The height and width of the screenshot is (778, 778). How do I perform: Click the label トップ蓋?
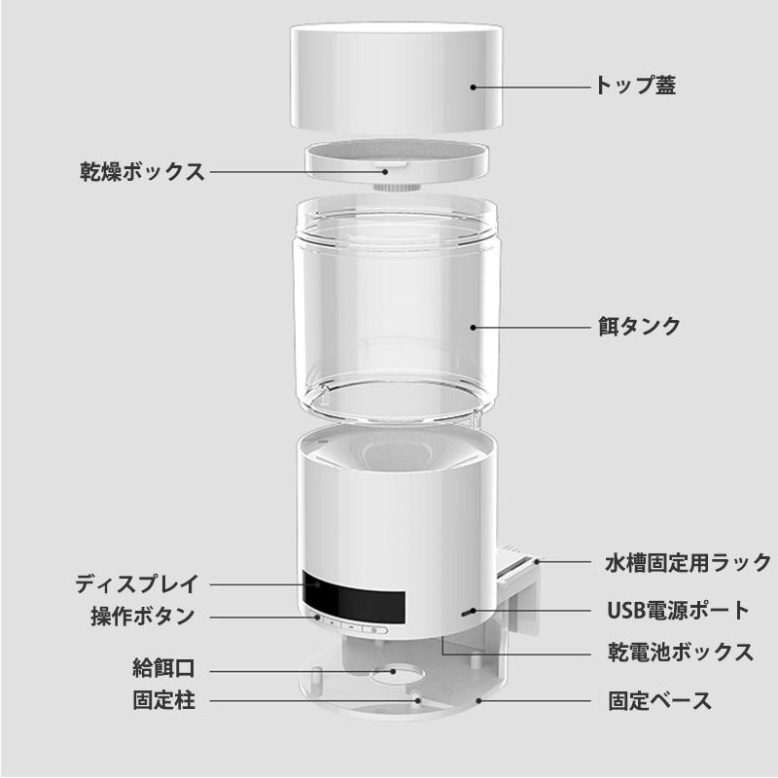635,86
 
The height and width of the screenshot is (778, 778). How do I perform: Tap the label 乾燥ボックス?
141,172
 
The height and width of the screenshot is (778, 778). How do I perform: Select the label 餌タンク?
638,326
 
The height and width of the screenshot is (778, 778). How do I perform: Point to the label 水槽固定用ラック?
687,562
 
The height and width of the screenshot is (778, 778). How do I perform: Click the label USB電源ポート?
678,611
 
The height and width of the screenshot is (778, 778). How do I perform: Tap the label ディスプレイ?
136,584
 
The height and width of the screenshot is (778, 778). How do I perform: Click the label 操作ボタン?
142,617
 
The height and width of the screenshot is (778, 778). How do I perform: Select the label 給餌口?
163,669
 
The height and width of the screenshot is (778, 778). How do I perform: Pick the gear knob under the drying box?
394,179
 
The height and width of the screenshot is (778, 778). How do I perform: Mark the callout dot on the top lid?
474,87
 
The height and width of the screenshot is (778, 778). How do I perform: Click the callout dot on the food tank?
474,326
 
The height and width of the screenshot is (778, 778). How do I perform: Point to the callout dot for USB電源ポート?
471,612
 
